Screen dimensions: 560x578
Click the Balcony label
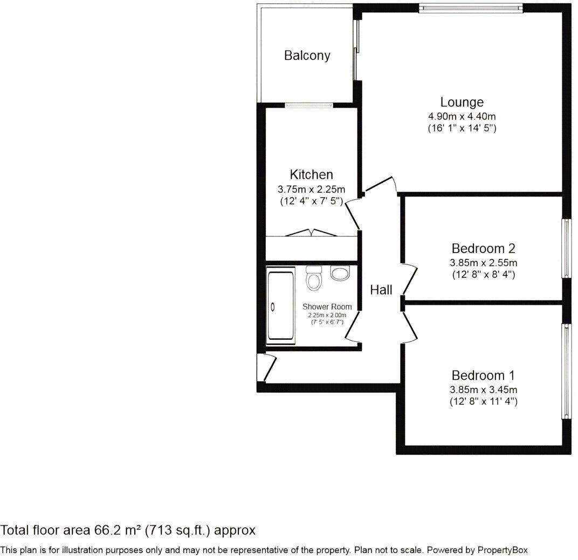click(x=307, y=55)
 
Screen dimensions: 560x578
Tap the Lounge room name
click(x=462, y=102)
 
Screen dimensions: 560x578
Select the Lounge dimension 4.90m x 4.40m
click(x=462, y=116)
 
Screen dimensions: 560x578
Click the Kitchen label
click(x=311, y=174)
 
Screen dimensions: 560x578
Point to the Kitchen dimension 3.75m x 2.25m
click(x=311, y=189)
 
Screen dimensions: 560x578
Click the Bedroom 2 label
click(x=483, y=248)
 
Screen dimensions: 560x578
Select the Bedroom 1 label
click(x=483, y=375)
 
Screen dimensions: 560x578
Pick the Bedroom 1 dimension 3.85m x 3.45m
click(x=483, y=389)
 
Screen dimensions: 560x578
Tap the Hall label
click(x=381, y=290)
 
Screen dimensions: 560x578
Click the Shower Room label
click(x=327, y=306)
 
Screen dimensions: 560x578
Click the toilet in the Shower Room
click(x=313, y=278)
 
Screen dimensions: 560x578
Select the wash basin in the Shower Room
click(x=340, y=274)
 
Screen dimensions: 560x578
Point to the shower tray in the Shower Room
click(x=281, y=306)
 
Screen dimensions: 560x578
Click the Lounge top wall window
click(x=470, y=8)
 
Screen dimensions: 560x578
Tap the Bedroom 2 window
click(x=567, y=248)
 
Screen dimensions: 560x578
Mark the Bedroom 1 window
click(x=567, y=372)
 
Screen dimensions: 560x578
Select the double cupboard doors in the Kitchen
click(x=312, y=233)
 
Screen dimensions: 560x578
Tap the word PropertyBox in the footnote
click(x=503, y=550)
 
